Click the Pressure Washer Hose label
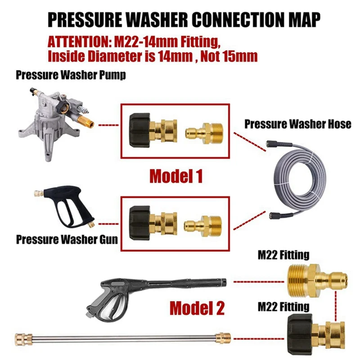pos(297,124)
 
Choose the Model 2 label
pos(197,308)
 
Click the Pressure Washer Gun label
pos(67,238)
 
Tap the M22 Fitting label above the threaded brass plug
pos(283,255)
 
